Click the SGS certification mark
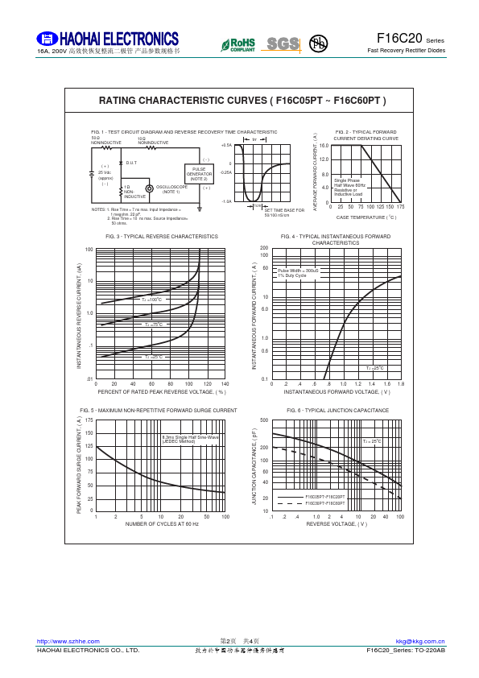(x=283, y=43)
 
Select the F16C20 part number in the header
(x=399, y=39)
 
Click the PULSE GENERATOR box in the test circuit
(x=200, y=173)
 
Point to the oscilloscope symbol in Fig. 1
(x=149, y=188)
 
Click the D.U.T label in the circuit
(x=131, y=163)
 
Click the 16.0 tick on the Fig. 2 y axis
(x=324, y=146)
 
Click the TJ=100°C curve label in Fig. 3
(x=152, y=300)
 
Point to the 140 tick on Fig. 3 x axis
(x=225, y=384)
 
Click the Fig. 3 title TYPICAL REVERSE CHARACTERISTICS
(x=162, y=237)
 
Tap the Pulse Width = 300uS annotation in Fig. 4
(x=298, y=271)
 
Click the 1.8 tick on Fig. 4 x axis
(x=400, y=384)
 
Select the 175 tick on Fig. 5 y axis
(x=89, y=420)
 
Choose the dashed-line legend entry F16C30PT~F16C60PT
(x=324, y=503)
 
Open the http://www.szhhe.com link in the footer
(x=68, y=641)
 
